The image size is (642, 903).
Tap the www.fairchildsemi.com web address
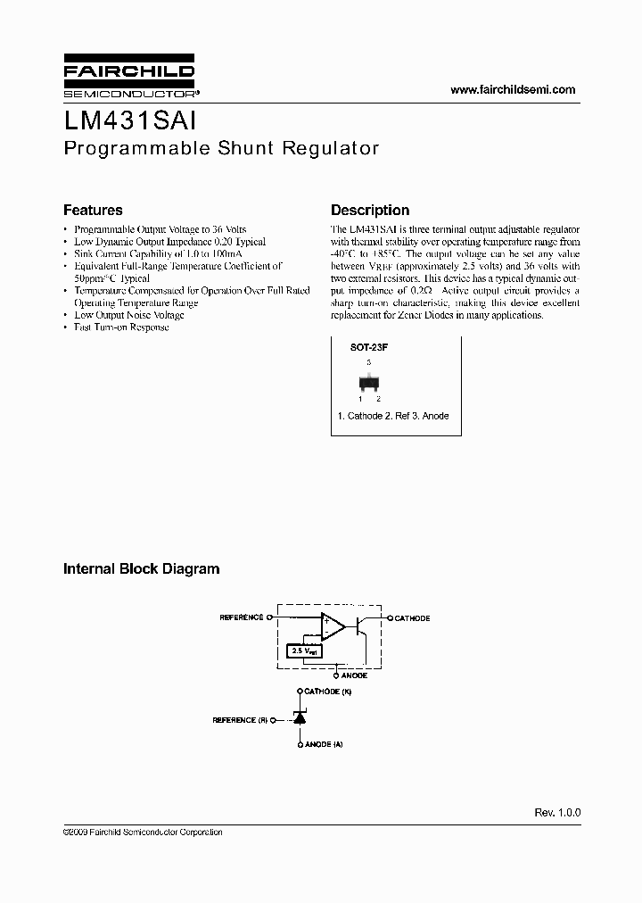(513, 89)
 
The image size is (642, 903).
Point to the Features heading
(93, 211)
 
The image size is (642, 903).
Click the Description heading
(370, 211)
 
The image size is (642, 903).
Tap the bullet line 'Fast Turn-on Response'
(121, 327)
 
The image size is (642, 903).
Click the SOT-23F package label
(368, 349)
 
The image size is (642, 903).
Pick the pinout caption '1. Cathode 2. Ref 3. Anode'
(392, 417)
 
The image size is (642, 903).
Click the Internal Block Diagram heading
(141, 568)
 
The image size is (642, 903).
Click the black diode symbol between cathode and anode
(300, 718)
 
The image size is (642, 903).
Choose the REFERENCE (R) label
(240, 719)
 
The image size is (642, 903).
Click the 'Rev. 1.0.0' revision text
(557, 813)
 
